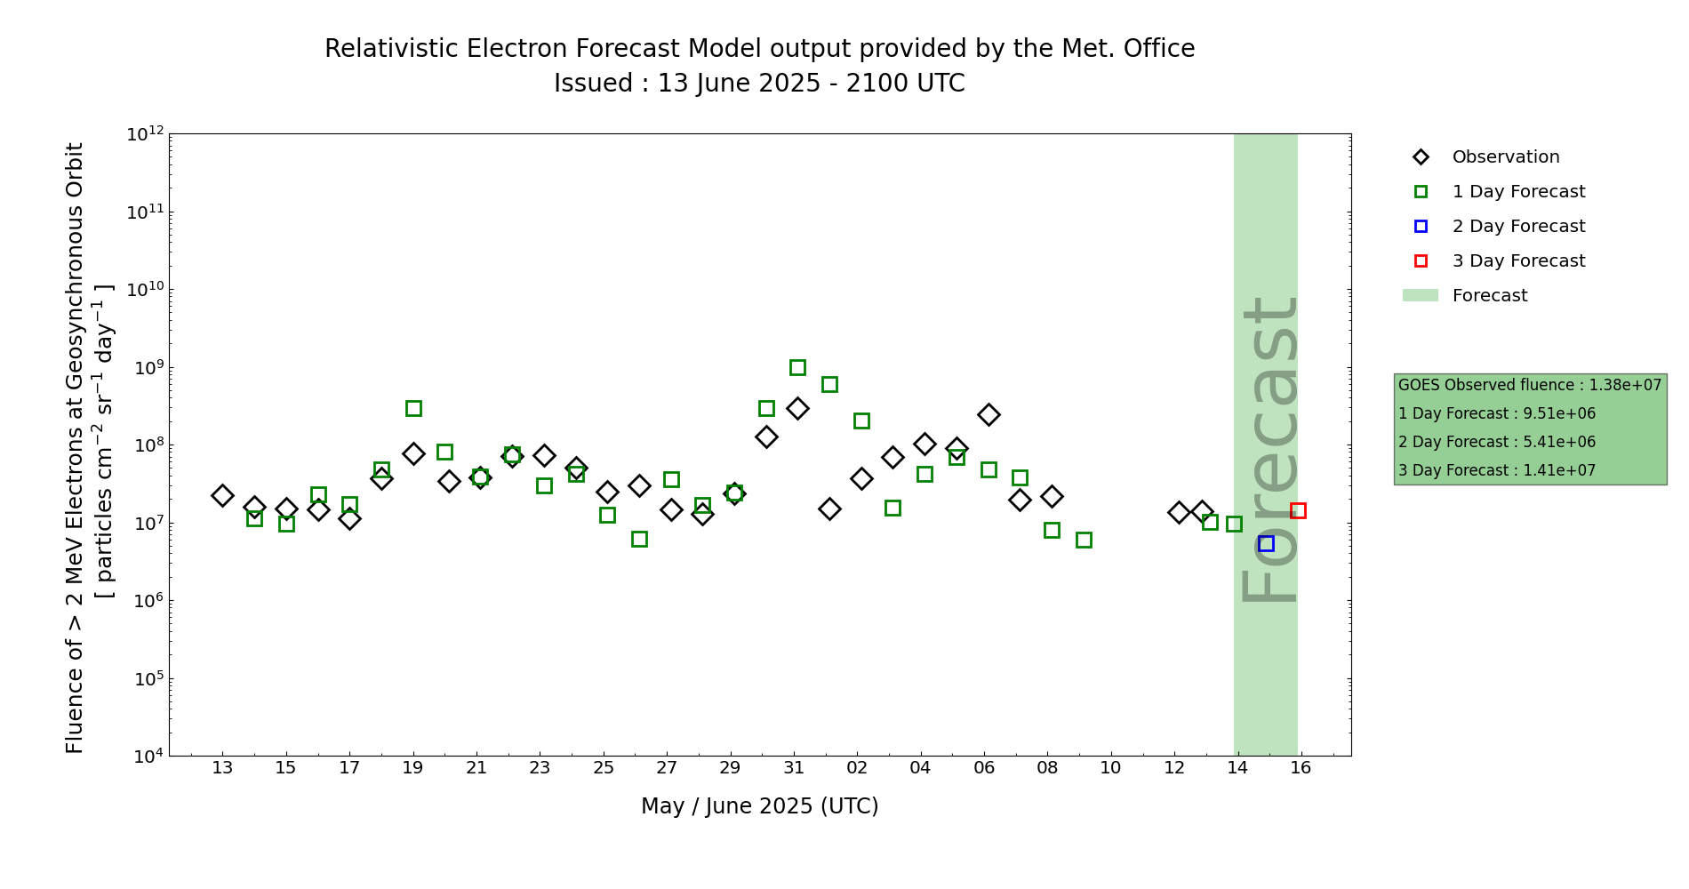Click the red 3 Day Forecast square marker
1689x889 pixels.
tap(1298, 510)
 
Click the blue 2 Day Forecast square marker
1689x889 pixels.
tap(1266, 543)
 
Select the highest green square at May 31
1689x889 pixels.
tap(797, 367)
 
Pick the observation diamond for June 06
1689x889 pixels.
tap(989, 414)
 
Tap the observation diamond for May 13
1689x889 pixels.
tap(222, 495)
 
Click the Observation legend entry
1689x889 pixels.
tap(1505, 157)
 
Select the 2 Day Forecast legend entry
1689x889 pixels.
tap(1517, 227)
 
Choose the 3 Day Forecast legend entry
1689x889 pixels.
tap(1517, 261)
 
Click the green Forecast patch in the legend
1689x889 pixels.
tap(1421, 295)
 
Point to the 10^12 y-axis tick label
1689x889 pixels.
tap(145, 134)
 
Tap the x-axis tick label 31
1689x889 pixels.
tap(794, 768)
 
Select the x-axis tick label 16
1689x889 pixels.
tap(1301, 768)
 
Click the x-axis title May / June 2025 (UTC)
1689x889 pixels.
tap(759, 806)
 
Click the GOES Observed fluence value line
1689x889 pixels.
tap(1529, 385)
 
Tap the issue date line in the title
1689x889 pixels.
tap(759, 84)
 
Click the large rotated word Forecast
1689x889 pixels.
tap(1269, 449)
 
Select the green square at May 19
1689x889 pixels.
tap(413, 408)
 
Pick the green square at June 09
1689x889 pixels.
tap(1084, 540)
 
